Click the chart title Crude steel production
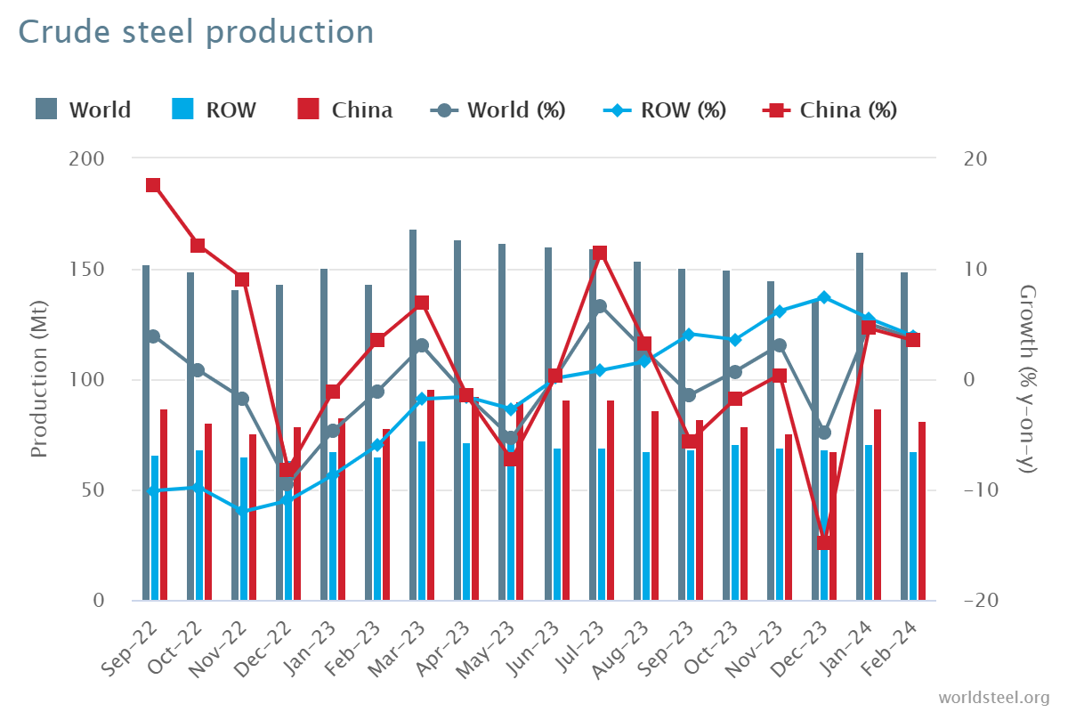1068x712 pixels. tap(196, 32)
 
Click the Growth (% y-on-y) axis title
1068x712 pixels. tap(1028, 379)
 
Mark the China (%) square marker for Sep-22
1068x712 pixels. tap(153, 185)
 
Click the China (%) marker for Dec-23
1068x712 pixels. tap(824, 543)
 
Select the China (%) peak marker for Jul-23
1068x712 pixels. tap(600, 253)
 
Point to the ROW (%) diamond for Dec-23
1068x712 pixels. tap(824, 297)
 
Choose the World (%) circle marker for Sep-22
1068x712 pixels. tap(153, 336)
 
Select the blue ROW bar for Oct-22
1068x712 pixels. tap(199, 525)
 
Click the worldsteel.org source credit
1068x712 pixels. tap(993, 696)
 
